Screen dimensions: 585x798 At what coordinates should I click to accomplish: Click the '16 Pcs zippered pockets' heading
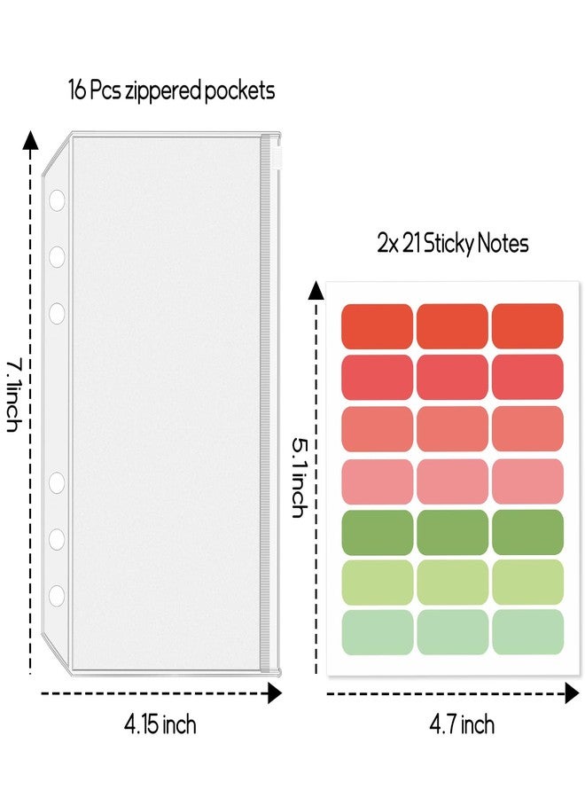(171, 91)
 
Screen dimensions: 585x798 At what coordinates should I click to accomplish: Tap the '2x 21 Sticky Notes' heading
(453, 244)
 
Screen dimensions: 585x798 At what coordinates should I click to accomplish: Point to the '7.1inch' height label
(13, 395)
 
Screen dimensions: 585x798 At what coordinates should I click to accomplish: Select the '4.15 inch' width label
(160, 724)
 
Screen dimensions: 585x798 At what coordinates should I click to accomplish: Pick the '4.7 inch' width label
(462, 724)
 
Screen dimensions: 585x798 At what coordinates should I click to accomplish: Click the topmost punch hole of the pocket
(57, 200)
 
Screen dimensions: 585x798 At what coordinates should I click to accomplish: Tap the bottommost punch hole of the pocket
(57, 596)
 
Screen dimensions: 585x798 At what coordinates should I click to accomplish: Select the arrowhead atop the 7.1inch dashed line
(31, 141)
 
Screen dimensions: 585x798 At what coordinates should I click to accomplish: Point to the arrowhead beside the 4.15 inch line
(275, 693)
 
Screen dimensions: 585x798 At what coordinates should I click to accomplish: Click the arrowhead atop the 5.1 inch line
(316, 290)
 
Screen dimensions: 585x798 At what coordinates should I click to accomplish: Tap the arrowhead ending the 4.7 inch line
(573, 693)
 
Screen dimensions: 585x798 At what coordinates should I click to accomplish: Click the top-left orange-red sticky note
(377, 326)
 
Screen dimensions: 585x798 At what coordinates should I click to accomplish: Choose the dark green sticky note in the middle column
(452, 532)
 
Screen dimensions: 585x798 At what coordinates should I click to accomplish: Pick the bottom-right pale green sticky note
(527, 632)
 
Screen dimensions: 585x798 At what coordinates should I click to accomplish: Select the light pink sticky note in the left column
(377, 481)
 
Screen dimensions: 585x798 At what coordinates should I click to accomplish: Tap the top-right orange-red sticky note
(527, 326)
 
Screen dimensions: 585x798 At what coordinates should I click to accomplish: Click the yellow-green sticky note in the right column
(527, 583)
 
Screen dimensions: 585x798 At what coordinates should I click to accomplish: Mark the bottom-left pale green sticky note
(377, 632)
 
